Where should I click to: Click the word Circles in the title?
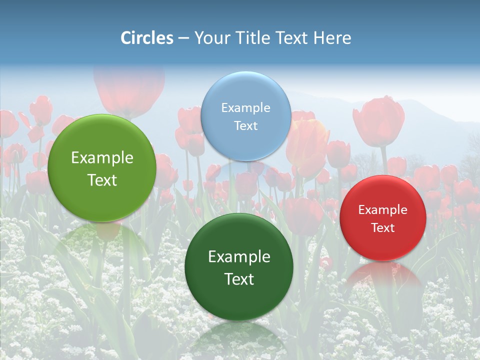click(x=146, y=38)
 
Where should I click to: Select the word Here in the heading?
click(x=332, y=38)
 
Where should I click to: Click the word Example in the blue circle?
click(x=245, y=107)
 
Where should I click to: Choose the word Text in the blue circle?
click(x=245, y=125)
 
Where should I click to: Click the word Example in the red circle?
click(x=383, y=209)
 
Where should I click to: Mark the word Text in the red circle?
click(x=383, y=227)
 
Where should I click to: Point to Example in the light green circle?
click(x=102, y=158)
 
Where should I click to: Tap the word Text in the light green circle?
click(x=102, y=180)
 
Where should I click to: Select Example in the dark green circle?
click(x=239, y=257)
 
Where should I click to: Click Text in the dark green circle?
click(x=239, y=279)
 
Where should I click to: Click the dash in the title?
click(x=183, y=38)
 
